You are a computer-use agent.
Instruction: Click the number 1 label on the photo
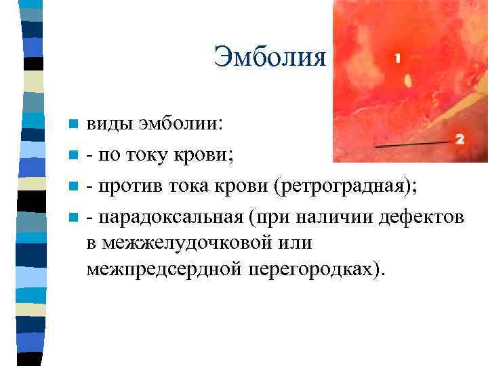click(x=397, y=59)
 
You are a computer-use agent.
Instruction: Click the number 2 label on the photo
click(x=460, y=139)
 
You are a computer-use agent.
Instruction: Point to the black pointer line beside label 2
click(x=413, y=144)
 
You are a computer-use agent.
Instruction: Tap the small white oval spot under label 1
click(x=408, y=81)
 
